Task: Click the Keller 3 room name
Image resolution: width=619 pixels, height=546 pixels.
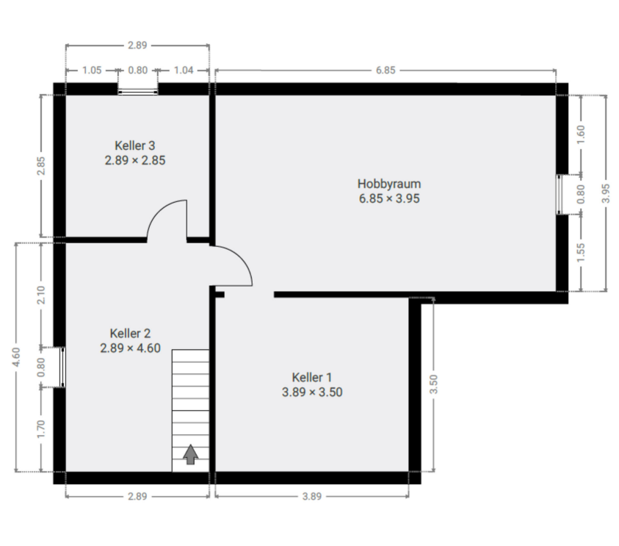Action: [x=134, y=146]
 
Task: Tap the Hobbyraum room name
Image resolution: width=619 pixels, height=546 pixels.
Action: [x=388, y=183]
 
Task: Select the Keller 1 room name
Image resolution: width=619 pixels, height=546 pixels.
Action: [x=311, y=377]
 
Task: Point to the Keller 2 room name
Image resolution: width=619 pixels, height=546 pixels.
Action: [x=130, y=333]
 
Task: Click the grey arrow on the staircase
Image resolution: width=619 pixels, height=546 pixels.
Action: [x=190, y=455]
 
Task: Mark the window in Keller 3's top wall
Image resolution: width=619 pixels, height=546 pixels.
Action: [x=138, y=91]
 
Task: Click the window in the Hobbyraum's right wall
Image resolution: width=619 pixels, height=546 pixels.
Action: [x=562, y=195]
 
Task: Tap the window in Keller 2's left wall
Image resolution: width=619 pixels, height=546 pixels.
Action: [x=61, y=366]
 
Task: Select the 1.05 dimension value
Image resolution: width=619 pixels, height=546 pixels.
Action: [x=92, y=71]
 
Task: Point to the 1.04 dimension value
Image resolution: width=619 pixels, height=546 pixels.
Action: [x=184, y=71]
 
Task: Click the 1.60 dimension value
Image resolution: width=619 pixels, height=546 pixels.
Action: [x=581, y=137]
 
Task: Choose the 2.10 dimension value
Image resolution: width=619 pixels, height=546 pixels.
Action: [x=41, y=295]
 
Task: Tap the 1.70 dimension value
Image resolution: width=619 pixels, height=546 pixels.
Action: [x=41, y=428]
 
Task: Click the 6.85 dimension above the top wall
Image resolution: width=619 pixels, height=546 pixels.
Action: [x=385, y=71]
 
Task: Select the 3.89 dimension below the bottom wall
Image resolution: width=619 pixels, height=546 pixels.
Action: [x=312, y=497]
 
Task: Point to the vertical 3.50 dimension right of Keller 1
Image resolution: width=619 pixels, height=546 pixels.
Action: [x=433, y=384]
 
